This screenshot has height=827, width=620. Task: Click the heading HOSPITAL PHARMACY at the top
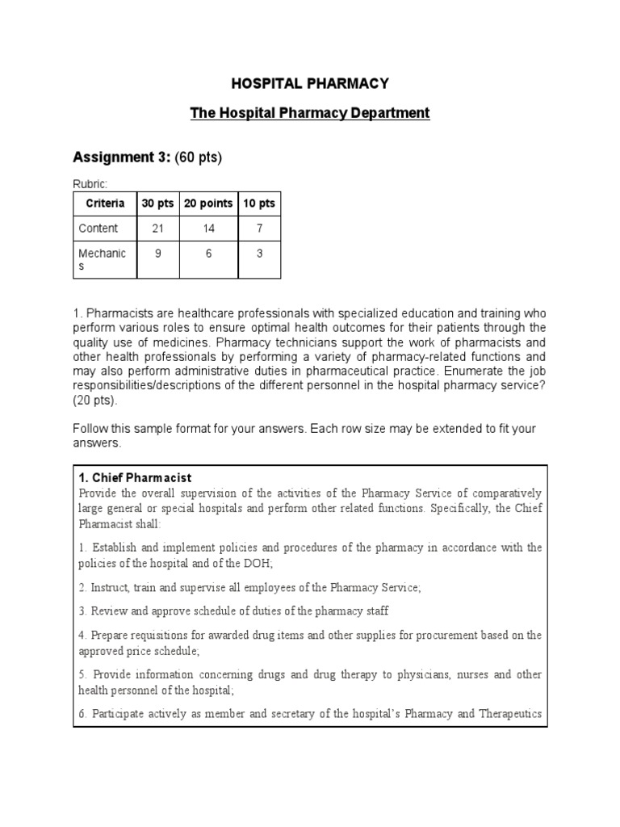(310, 83)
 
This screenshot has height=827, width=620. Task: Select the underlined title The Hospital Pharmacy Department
(310, 113)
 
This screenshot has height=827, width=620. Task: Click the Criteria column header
(105, 204)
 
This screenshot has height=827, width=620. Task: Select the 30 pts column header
(157, 204)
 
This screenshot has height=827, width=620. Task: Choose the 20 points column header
(208, 204)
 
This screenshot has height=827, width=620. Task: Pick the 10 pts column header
(259, 204)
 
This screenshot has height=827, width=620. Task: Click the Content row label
(98, 229)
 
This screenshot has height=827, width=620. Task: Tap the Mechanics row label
(102, 259)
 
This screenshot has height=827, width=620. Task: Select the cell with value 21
(157, 229)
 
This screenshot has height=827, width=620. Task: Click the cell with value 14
(208, 229)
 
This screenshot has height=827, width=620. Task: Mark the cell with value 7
(259, 229)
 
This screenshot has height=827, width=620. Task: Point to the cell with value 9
(157, 254)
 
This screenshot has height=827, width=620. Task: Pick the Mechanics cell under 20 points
(208, 254)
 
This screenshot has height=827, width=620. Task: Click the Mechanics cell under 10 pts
(259, 254)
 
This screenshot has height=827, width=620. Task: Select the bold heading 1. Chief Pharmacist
(135, 477)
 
